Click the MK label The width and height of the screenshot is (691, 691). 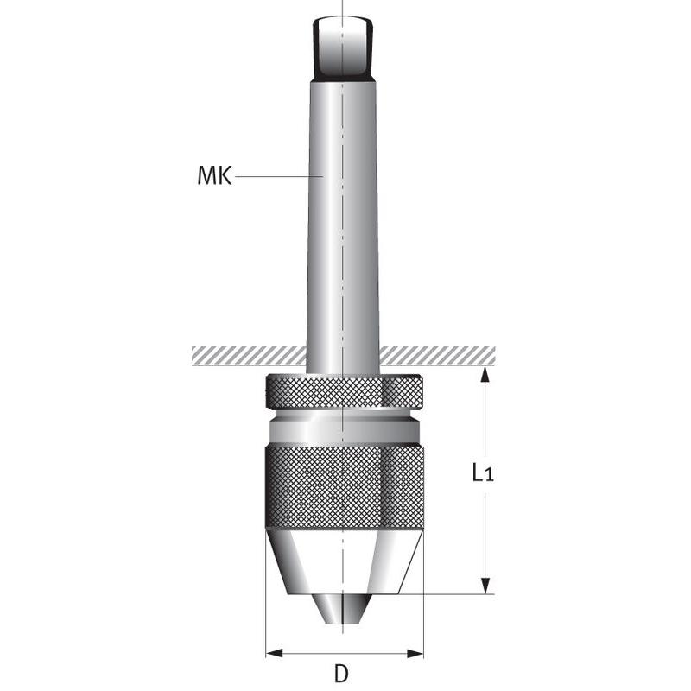click(x=214, y=176)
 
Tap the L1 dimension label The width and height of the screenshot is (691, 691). click(x=483, y=472)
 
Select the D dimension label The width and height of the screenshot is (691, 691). click(x=341, y=674)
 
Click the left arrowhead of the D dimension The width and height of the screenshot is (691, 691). click(x=275, y=653)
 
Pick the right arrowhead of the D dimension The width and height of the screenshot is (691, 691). click(x=415, y=653)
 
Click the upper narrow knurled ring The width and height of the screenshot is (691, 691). click(x=345, y=392)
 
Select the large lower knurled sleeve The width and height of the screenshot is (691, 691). click(x=345, y=487)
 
